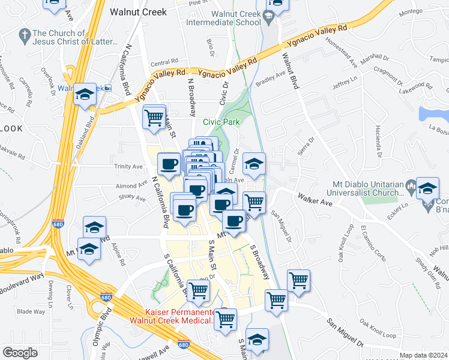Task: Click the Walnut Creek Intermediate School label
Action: click(223, 19)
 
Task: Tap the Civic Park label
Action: click(221, 122)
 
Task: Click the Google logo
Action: click(20, 353)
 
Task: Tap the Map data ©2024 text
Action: click(424, 355)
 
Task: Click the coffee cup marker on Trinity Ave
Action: click(169, 163)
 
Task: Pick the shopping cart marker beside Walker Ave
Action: click(254, 202)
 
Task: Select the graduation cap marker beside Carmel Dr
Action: click(254, 164)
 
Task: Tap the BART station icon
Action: click(107, 88)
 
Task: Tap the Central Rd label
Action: click(164, 62)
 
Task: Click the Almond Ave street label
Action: click(131, 186)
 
